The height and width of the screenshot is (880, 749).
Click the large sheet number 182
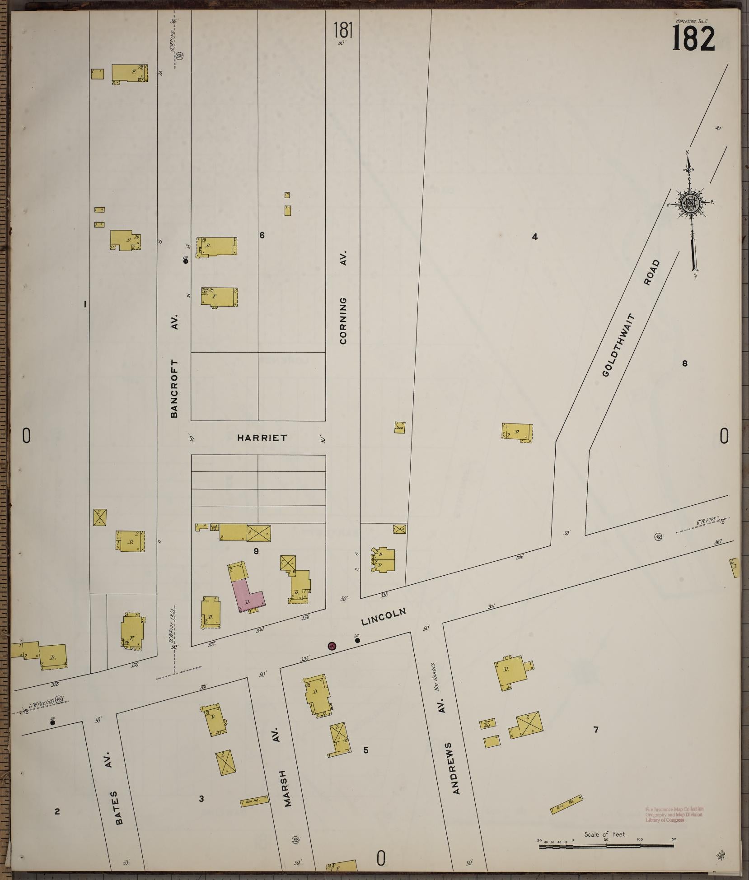click(693, 38)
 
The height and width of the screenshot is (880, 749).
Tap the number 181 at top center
click(343, 31)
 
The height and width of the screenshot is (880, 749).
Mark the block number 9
click(256, 551)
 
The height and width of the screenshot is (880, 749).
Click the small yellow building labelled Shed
click(399, 427)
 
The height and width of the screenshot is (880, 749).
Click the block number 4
click(534, 236)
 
